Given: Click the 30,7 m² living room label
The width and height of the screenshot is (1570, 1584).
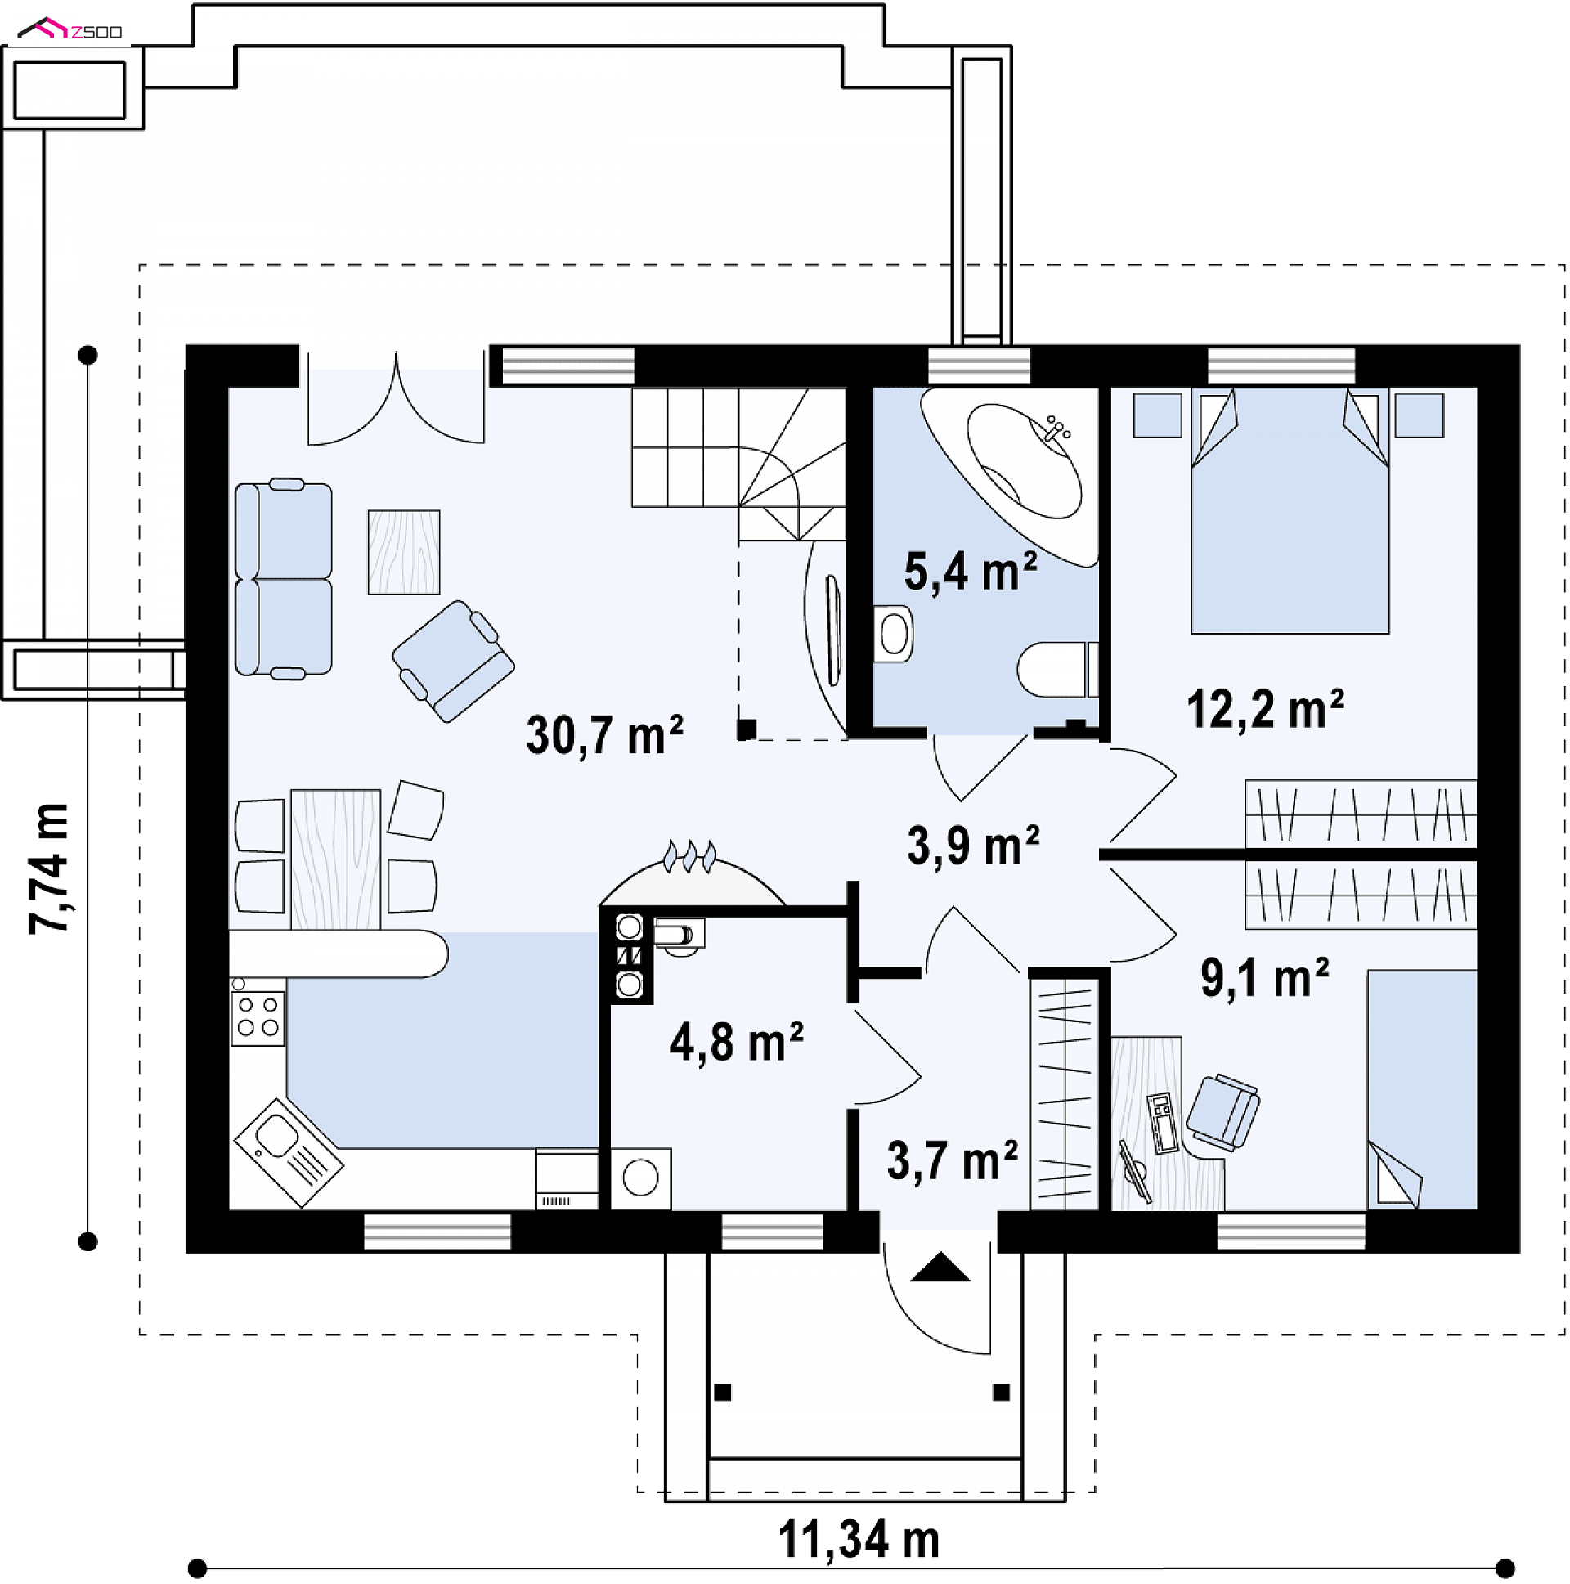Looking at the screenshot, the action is [604, 734].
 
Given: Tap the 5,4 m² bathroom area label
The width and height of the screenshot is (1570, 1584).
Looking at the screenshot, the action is [970, 571].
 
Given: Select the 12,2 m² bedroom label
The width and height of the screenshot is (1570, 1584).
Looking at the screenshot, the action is [1265, 708].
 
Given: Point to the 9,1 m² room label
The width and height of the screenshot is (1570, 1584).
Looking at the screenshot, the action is [1264, 978].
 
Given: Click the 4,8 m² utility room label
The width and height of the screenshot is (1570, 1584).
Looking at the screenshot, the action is [736, 1043].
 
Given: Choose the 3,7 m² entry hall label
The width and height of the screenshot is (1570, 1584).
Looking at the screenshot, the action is [952, 1161].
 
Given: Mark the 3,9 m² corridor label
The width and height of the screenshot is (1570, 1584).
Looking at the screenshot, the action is [973, 846].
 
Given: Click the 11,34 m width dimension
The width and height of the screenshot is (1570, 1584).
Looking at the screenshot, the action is [859, 1540].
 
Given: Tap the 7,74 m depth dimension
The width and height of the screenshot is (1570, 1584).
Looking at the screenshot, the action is [49, 869].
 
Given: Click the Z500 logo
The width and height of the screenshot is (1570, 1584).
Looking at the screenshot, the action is [70, 30].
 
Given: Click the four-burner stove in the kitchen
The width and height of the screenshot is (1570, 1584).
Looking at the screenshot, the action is [258, 1017].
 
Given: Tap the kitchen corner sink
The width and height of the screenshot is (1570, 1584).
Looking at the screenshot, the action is [289, 1152].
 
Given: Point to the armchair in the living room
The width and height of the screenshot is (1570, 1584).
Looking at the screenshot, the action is [453, 661].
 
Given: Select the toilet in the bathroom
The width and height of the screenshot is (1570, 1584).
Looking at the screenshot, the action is [1057, 669].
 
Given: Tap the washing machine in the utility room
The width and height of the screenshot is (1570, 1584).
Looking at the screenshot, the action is [640, 1178].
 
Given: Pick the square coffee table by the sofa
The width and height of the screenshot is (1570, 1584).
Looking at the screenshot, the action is [403, 552].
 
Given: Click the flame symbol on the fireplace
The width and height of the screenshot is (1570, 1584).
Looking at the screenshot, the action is [689, 855].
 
